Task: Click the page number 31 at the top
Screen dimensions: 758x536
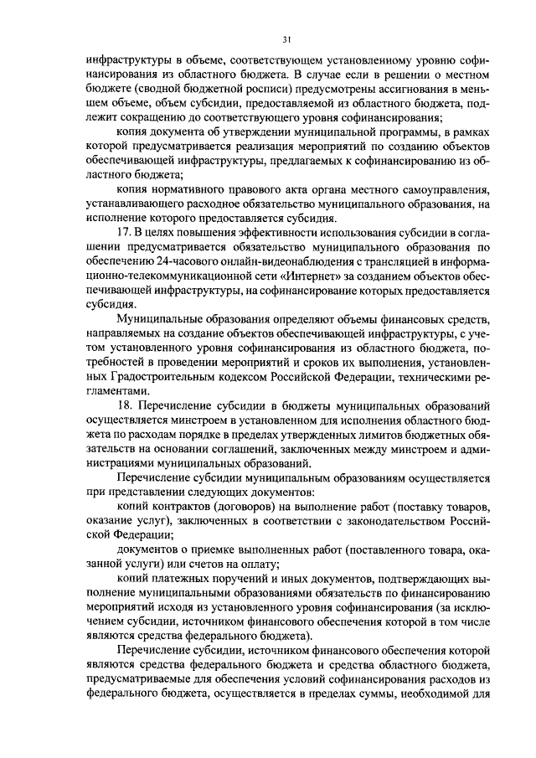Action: click(287, 39)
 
